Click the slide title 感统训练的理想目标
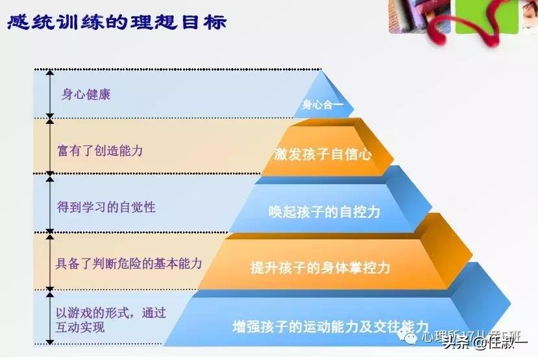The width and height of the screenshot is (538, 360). point(117,23)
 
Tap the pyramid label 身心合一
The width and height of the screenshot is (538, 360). point(322,104)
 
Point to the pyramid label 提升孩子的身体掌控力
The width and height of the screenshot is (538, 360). point(321,267)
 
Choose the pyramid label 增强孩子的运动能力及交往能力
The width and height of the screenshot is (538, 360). point(330,325)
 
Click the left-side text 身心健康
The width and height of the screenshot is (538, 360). point(86,94)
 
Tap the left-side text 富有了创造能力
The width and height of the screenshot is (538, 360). point(100,150)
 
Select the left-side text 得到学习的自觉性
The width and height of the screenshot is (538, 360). point(106,208)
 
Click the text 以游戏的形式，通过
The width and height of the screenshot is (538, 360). point(110,313)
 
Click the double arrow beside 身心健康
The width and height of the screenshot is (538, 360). point(49,93)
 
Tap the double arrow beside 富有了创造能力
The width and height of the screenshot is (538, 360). point(49,146)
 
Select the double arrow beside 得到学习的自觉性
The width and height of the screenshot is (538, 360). point(49,203)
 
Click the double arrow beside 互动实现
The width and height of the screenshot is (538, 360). point(49,317)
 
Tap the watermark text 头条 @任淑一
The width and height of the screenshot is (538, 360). point(483,344)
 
